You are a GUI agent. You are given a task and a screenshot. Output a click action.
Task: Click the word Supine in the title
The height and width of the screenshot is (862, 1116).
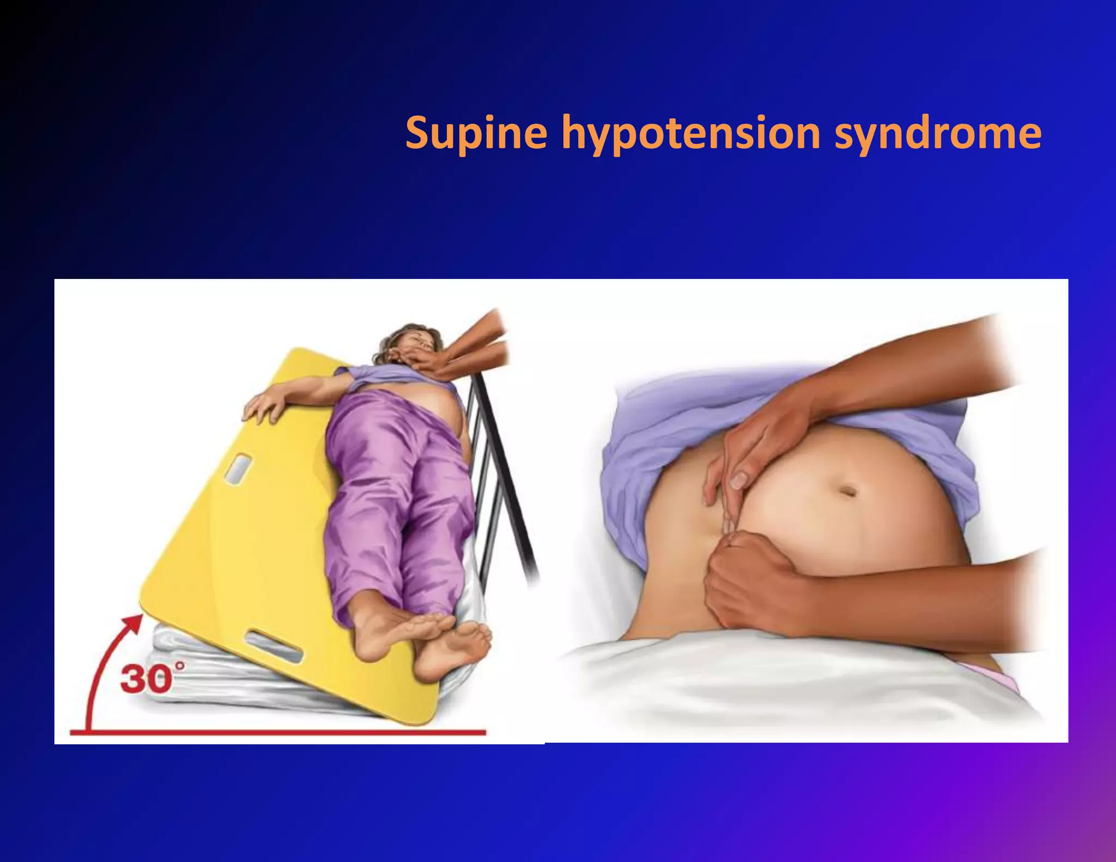point(476,133)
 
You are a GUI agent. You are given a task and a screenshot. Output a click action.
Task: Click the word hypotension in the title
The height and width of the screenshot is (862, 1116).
point(690,133)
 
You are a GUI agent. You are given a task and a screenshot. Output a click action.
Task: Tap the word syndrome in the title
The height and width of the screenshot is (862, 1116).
point(937,133)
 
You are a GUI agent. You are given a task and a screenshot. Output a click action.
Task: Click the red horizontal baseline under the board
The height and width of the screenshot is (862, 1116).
point(283,732)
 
